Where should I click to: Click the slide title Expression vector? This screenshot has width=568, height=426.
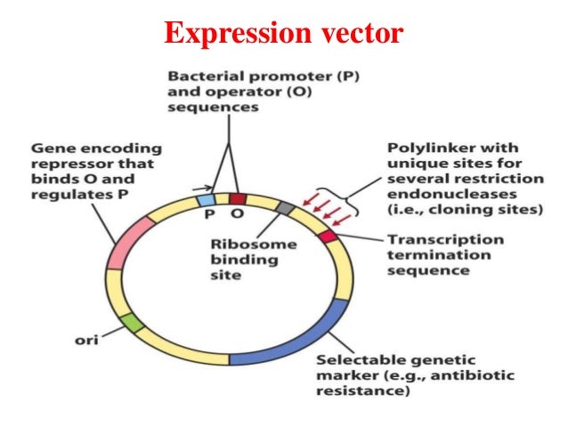pos(283,35)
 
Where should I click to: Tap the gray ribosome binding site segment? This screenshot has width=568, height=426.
pos(285,207)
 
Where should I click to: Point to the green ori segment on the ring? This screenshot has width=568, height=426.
pos(129,324)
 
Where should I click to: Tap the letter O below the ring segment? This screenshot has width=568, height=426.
pos(237,215)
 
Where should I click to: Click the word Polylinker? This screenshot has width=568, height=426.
pos(423,147)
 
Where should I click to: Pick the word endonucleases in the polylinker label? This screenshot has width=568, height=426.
pos(435,195)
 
